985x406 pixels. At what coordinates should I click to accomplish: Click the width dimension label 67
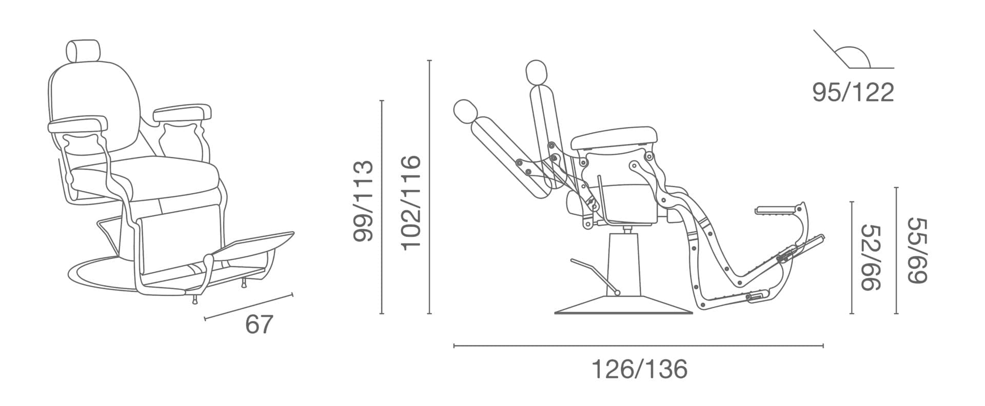tap(259, 324)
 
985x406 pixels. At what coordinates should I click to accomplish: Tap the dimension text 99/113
tap(363, 201)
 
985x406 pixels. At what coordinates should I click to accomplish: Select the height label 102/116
tap(410, 203)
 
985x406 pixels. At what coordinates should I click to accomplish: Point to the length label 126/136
tap(639, 369)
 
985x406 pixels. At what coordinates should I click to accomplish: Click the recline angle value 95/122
tap(853, 92)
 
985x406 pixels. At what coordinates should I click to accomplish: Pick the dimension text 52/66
tap(870, 257)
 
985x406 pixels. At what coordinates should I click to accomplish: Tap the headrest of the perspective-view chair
tap(83, 50)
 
